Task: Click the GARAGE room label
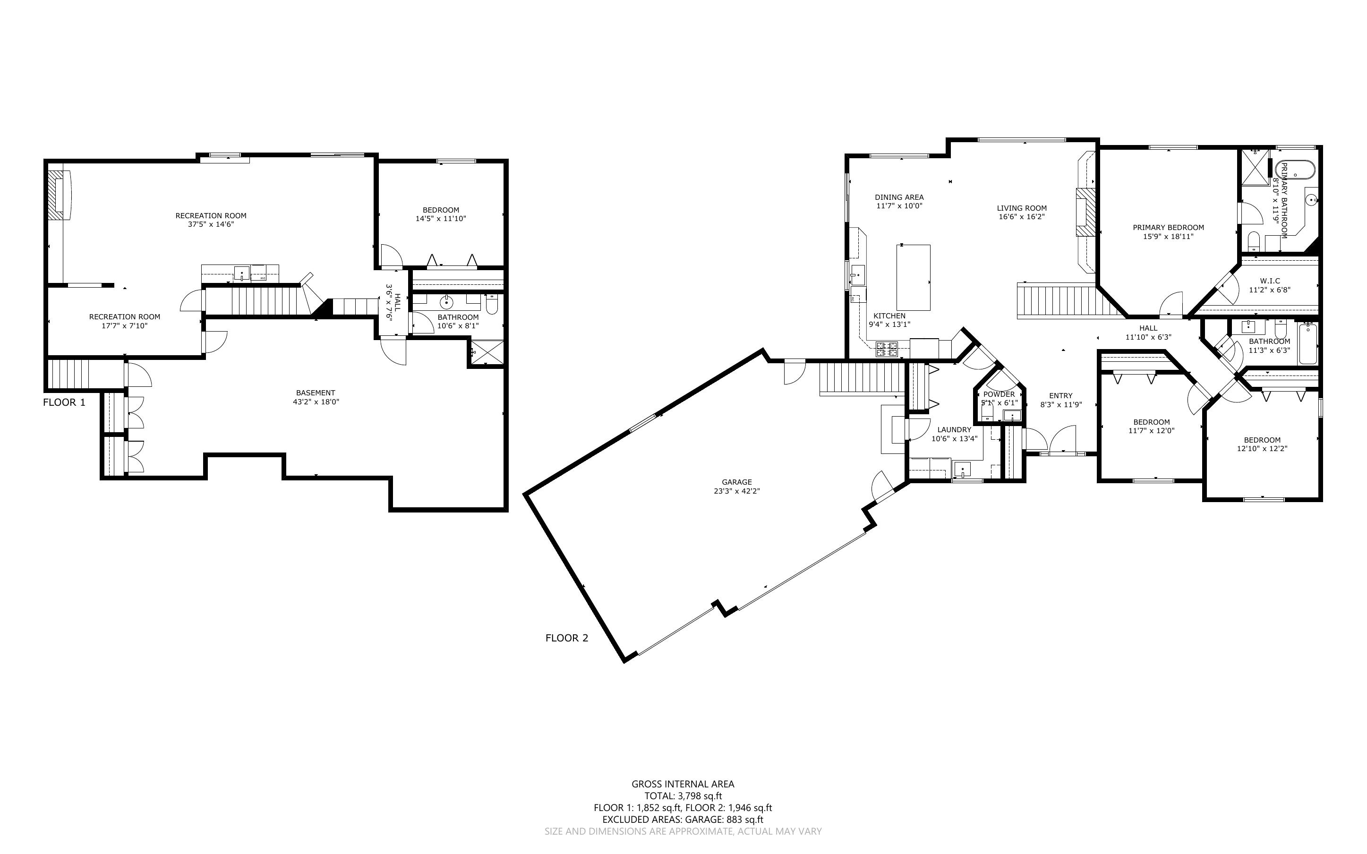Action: click(736, 482)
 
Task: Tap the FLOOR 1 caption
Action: click(64, 402)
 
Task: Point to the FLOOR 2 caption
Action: click(566, 638)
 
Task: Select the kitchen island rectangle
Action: click(913, 277)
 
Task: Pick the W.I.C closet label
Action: click(1270, 281)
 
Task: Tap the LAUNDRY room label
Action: click(954, 430)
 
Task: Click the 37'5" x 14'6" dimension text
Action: click(211, 224)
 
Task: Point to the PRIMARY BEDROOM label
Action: click(1168, 228)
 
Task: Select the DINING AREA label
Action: click(899, 197)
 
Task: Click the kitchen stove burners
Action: click(887, 349)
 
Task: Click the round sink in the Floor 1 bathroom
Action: click(447, 303)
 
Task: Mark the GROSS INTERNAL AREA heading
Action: click(683, 784)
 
